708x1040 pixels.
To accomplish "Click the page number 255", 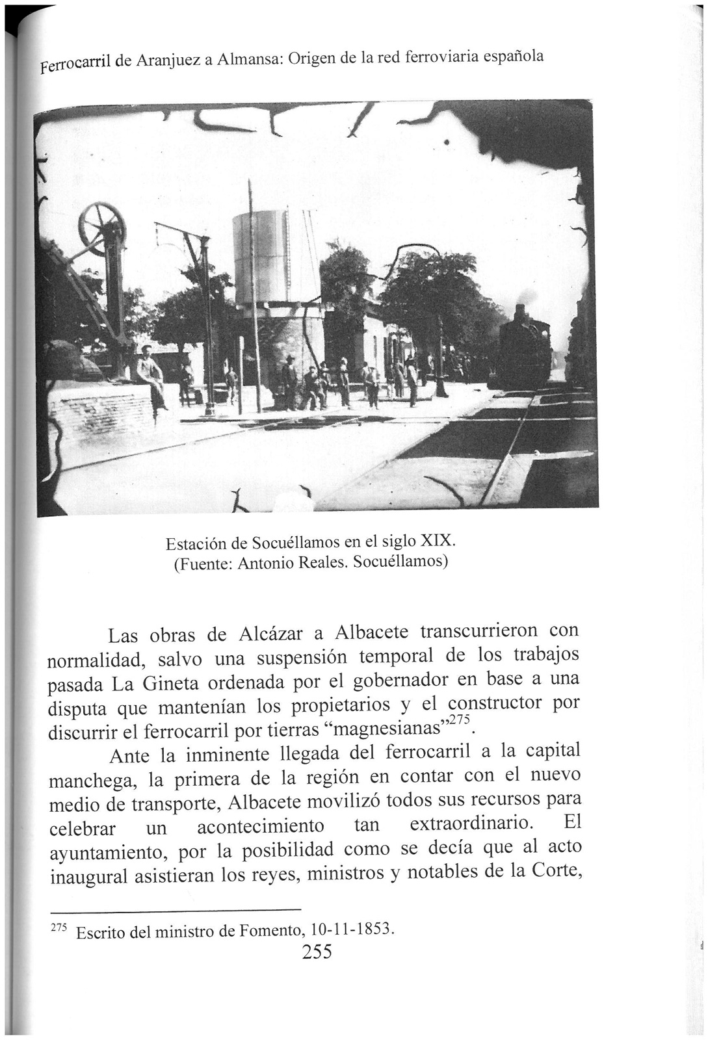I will (x=317, y=952).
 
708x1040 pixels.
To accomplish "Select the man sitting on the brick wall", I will (x=151, y=378).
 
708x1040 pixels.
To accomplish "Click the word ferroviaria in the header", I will (x=441, y=57).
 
